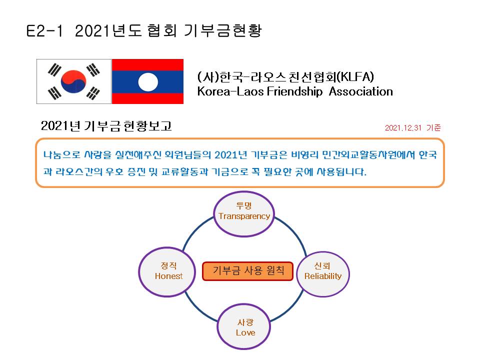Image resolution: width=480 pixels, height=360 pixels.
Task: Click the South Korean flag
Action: (74, 81)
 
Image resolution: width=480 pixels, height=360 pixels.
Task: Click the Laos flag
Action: (147, 81)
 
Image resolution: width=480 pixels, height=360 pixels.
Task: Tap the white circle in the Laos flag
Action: (148, 82)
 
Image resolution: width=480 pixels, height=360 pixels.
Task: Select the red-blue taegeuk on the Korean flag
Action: (73, 81)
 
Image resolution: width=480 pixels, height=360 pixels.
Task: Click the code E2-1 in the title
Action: (44, 31)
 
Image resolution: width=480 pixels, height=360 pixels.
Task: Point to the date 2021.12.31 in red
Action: (403, 127)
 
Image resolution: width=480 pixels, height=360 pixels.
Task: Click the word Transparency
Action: (244, 216)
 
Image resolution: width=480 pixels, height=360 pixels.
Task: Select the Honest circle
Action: (167, 272)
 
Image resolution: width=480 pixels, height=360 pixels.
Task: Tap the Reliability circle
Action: (323, 274)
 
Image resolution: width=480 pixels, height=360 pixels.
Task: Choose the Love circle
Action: (244, 326)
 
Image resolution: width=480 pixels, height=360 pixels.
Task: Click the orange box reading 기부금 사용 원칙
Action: (247, 271)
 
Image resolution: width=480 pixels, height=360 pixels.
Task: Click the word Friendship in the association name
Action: (294, 91)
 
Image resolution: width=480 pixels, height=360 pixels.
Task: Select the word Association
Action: (361, 91)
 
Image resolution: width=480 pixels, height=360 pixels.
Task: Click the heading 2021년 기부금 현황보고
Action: (106, 126)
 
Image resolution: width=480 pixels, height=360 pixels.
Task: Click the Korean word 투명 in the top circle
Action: (244, 205)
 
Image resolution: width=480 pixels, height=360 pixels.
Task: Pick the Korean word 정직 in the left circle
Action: (168, 265)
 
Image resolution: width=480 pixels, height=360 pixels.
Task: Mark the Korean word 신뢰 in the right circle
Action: (322, 265)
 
